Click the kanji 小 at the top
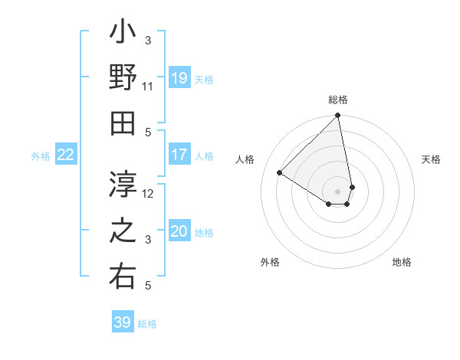click(x=123, y=35)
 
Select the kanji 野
click(x=123, y=79)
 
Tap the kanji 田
click(x=123, y=123)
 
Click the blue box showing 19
click(x=179, y=78)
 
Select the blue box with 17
click(x=179, y=155)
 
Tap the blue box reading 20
click(x=179, y=232)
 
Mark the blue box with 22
click(x=66, y=155)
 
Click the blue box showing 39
click(x=123, y=322)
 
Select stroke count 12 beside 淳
click(x=149, y=194)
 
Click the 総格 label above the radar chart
click(x=338, y=100)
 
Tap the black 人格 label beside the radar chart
click(x=246, y=159)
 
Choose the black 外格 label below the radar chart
click(x=270, y=262)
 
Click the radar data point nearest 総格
click(x=337, y=116)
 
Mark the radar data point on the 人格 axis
click(x=280, y=172)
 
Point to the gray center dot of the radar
click(x=337, y=191)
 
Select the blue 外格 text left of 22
click(x=41, y=156)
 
